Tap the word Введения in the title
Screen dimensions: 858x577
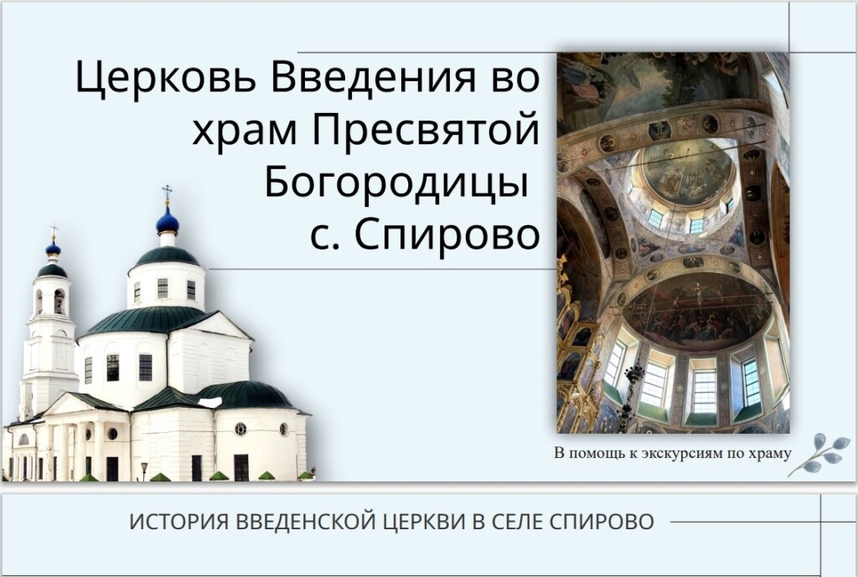pyautogui.click(x=382, y=76)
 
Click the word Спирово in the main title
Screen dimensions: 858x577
pyautogui.click(x=447, y=235)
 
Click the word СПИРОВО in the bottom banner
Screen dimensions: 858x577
pyautogui.click(x=602, y=522)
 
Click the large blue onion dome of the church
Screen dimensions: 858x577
pyautogui.click(x=168, y=220)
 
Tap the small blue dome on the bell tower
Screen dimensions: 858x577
pyautogui.click(x=53, y=249)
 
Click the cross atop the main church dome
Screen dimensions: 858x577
pyautogui.click(x=167, y=193)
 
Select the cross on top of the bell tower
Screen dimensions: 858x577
pyautogui.click(x=53, y=232)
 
